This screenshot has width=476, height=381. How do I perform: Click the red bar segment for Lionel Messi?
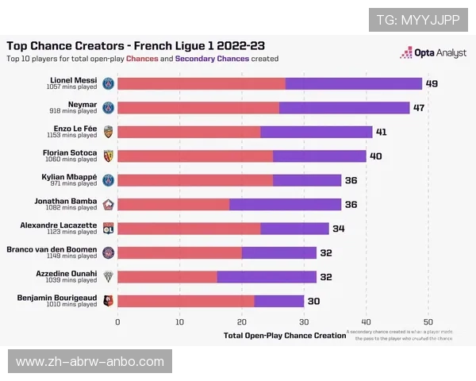pyautogui.click(x=201, y=83)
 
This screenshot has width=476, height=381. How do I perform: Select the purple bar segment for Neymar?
pyautogui.click(x=344, y=107)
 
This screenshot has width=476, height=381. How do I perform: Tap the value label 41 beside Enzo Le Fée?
pyautogui.click(x=381, y=132)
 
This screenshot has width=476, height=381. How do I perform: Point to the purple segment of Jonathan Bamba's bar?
pyautogui.click(x=286, y=204)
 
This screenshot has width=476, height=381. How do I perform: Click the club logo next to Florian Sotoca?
pyautogui.click(x=109, y=156)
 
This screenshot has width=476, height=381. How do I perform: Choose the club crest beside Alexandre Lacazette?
pyautogui.click(x=109, y=228)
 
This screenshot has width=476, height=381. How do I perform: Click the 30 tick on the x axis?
pyautogui.click(x=304, y=321)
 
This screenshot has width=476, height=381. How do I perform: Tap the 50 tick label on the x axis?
pyautogui.click(x=428, y=321)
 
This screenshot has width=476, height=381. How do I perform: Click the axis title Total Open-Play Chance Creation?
pyautogui.click(x=285, y=336)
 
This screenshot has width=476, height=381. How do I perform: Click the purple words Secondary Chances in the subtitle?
pyautogui.click(x=211, y=59)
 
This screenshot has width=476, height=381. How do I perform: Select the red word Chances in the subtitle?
pyautogui.click(x=143, y=59)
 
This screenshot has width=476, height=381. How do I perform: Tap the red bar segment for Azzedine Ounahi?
pyautogui.click(x=167, y=276)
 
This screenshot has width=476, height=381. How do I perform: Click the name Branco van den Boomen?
pyautogui.click(x=57, y=249)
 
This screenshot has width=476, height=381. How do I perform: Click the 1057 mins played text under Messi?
pyautogui.click(x=71, y=87)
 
